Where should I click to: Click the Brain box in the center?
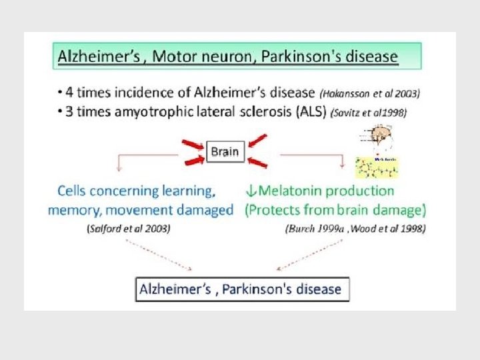pyautogui.click(x=225, y=151)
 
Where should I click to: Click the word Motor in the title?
pyautogui.click(x=175, y=55)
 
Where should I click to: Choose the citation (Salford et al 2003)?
pyautogui.click(x=128, y=228)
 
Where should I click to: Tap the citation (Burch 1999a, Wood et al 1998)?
pyautogui.click(x=355, y=228)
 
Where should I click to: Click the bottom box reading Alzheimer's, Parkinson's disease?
pyautogui.click(x=242, y=289)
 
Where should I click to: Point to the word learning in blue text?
pyautogui.click(x=186, y=191)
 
